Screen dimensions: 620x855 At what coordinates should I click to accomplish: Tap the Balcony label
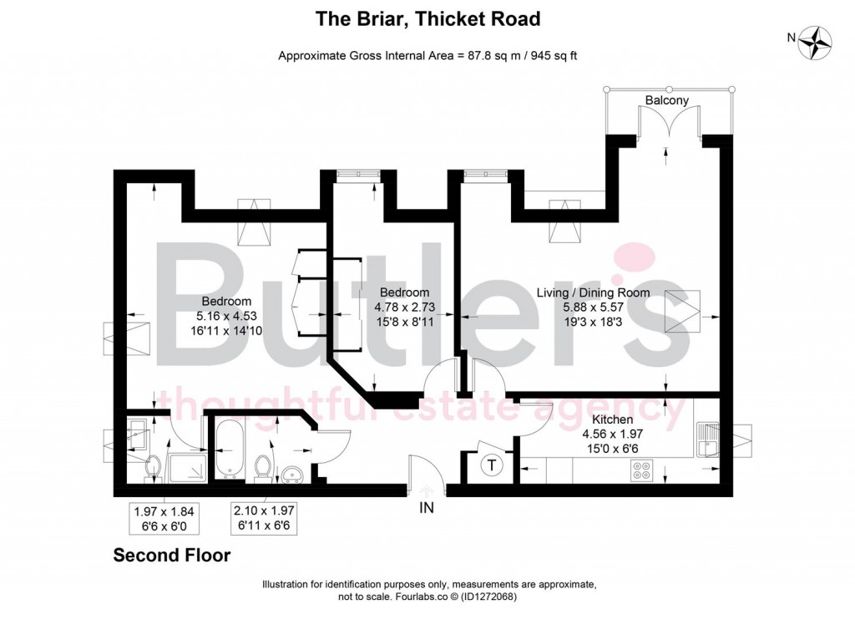[x=667, y=100]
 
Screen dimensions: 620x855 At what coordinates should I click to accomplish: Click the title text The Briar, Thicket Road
[x=427, y=18]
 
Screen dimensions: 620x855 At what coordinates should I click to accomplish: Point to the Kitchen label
[x=612, y=419]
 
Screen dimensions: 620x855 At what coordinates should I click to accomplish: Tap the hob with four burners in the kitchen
[x=643, y=473]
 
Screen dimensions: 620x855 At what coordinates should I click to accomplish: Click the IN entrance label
[x=427, y=507]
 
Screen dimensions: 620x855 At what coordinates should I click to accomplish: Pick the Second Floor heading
[x=171, y=555]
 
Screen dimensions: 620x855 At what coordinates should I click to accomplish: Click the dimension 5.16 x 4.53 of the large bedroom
[x=225, y=316]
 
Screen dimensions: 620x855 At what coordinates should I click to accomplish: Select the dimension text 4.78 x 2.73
[x=404, y=307]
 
